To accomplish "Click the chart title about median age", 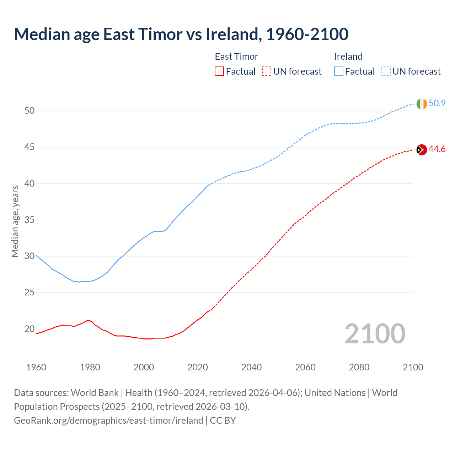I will pyautogui.click(x=181, y=34).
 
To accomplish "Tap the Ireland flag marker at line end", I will pyautogui.click(x=421, y=104).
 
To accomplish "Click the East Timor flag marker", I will pyautogui.click(x=421, y=150).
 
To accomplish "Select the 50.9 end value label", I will pyautogui.click(x=437, y=103).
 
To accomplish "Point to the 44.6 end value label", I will pyautogui.click(x=437, y=149).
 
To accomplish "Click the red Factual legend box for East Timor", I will pyautogui.click(x=219, y=71).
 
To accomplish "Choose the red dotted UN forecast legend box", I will pyautogui.click(x=267, y=71).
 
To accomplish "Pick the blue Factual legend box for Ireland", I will pyautogui.click(x=339, y=71).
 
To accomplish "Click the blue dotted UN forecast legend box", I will pyautogui.click(x=386, y=71).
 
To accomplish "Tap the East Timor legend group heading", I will pyautogui.click(x=236, y=57).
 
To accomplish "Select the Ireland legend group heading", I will pyautogui.click(x=348, y=57).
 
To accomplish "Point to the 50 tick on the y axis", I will pyautogui.click(x=30, y=111).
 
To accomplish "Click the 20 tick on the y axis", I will pyautogui.click(x=30, y=329).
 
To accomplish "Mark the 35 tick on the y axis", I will pyautogui.click(x=30, y=220).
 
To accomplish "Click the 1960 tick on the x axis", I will pyautogui.click(x=36, y=367).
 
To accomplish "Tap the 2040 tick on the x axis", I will pyautogui.click(x=251, y=367).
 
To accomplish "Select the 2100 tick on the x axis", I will pyautogui.click(x=413, y=367).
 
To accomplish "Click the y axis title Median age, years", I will pyautogui.click(x=15, y=221).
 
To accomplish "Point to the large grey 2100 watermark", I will pyautogui.click(x=375, y=334).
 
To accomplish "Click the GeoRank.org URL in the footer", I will pyautogui.click(x=108, y=421).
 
